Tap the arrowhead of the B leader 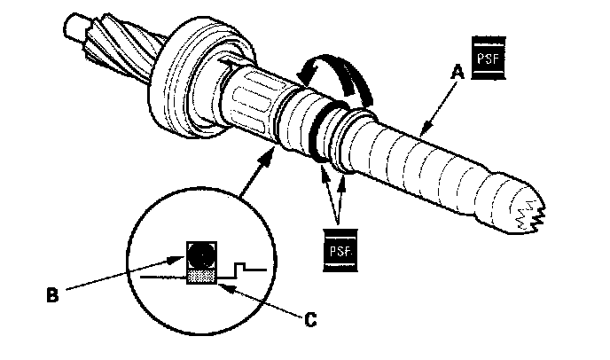point(183,259)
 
